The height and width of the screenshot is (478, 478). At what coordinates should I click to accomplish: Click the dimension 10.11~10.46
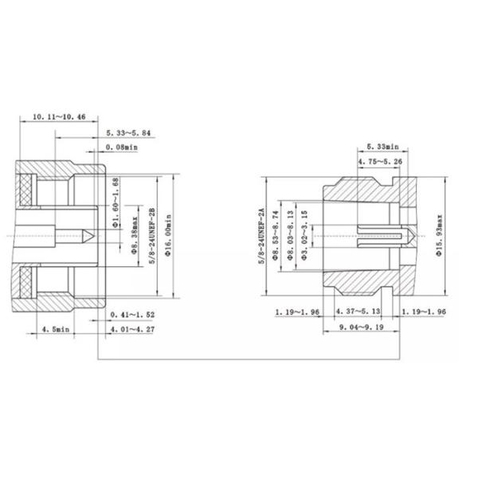click(61, 116)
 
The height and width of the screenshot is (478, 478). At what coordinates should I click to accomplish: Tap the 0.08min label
click(122, 147)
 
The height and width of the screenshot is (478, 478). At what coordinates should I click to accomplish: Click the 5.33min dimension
click(385, 147)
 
